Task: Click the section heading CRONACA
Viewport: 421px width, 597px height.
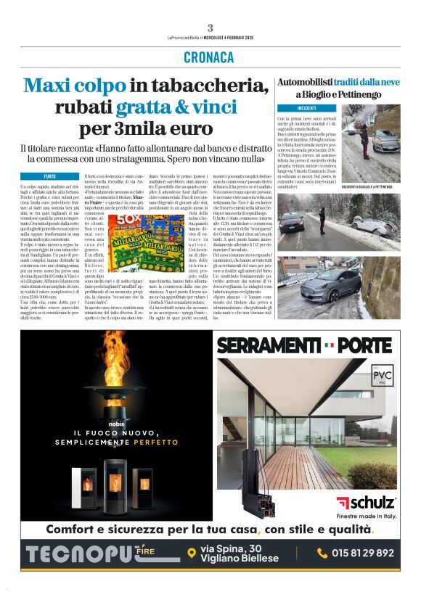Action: click(210, 57)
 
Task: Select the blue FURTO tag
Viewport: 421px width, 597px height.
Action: click(50, 176)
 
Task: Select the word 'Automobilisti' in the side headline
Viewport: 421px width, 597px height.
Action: click(305, 83)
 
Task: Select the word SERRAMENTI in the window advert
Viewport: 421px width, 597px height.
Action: click(269, 346)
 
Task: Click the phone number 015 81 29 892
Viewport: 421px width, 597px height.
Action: click(362, 553)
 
